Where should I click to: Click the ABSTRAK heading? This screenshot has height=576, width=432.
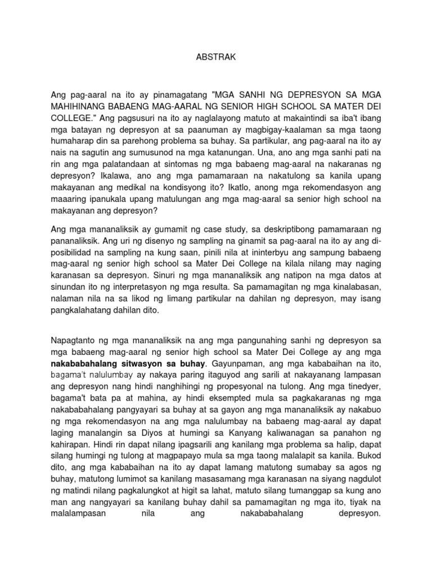pos(216,57)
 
